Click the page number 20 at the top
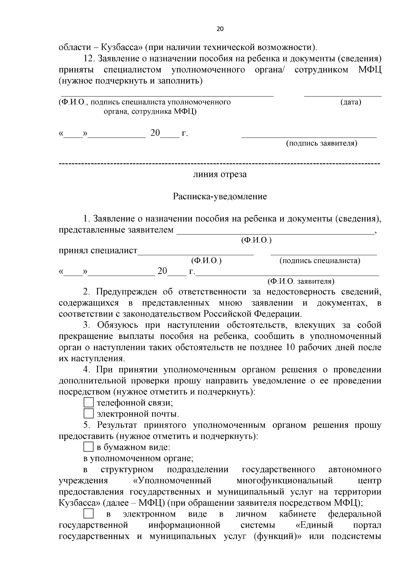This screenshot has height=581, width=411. [220, 29]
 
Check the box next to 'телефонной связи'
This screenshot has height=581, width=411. [89, 402]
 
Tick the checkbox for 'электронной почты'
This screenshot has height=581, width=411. [89, 414]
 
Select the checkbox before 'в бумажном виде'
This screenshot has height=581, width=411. [89, 447]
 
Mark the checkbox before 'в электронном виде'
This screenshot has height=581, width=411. [89, 514]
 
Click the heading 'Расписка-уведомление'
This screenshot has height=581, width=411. [220, 197]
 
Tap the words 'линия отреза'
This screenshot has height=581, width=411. [220, 174]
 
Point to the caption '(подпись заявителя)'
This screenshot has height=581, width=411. [322, 143]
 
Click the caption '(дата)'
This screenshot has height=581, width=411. [351, 102]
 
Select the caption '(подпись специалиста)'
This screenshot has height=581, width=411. [320, 261]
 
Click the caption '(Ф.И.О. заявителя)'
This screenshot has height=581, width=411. [301, 281]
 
